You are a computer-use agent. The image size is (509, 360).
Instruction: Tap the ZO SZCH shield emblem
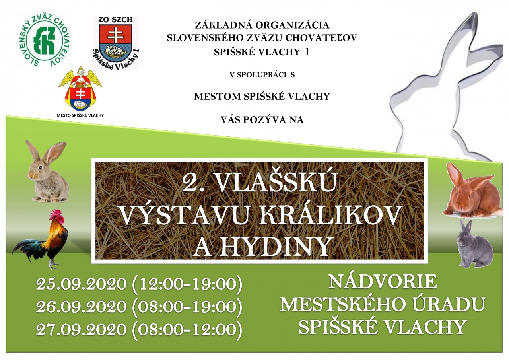(x=115, y=43)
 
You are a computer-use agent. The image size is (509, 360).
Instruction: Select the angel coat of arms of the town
(x=80, y=89)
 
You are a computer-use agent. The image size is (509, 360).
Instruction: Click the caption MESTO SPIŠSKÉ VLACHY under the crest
(x=80, y=115)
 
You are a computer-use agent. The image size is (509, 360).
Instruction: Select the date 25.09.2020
(x=81, y=284)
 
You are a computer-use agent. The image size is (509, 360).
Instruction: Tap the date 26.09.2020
(x=81, y=307)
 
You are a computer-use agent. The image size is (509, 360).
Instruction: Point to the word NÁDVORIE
(x=383, y=282)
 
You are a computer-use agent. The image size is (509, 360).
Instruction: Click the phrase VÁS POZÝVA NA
(x=262, y=120)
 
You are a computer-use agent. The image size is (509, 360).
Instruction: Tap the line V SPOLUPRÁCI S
(x=262, y=75)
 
